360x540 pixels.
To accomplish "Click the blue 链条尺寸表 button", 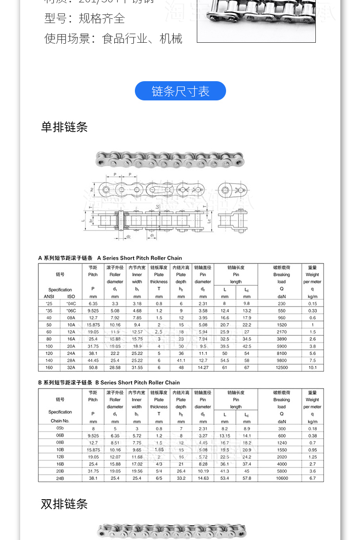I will tap(180, 91).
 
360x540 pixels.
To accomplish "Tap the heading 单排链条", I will tap(64, 127).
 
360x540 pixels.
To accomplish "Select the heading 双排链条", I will tap(64, 504).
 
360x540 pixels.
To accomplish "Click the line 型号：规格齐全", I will tap(84, 18).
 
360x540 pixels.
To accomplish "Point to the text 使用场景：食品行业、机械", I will tap(113, 38).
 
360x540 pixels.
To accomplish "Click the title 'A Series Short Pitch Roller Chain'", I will tap(140, 258).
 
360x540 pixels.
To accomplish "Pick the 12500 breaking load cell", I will tap(281, 368).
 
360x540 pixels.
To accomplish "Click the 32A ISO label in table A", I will tap(71, 368).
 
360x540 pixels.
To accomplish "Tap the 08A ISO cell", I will tap(71, 318).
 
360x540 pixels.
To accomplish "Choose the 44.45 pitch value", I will tap(93, 360).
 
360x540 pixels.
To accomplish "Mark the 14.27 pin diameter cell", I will tap(203, 368).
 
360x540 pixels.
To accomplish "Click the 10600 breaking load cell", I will tap(281, 478).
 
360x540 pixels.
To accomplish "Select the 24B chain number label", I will tap(60, 478).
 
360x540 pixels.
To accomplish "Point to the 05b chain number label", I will tap(60, 428).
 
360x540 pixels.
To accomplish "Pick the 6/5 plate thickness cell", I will tap(159, 478).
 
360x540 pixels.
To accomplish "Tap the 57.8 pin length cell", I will tap(247, 478).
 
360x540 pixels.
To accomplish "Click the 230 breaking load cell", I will tap(281, 304).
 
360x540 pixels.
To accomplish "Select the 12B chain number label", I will tap(60, 457).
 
